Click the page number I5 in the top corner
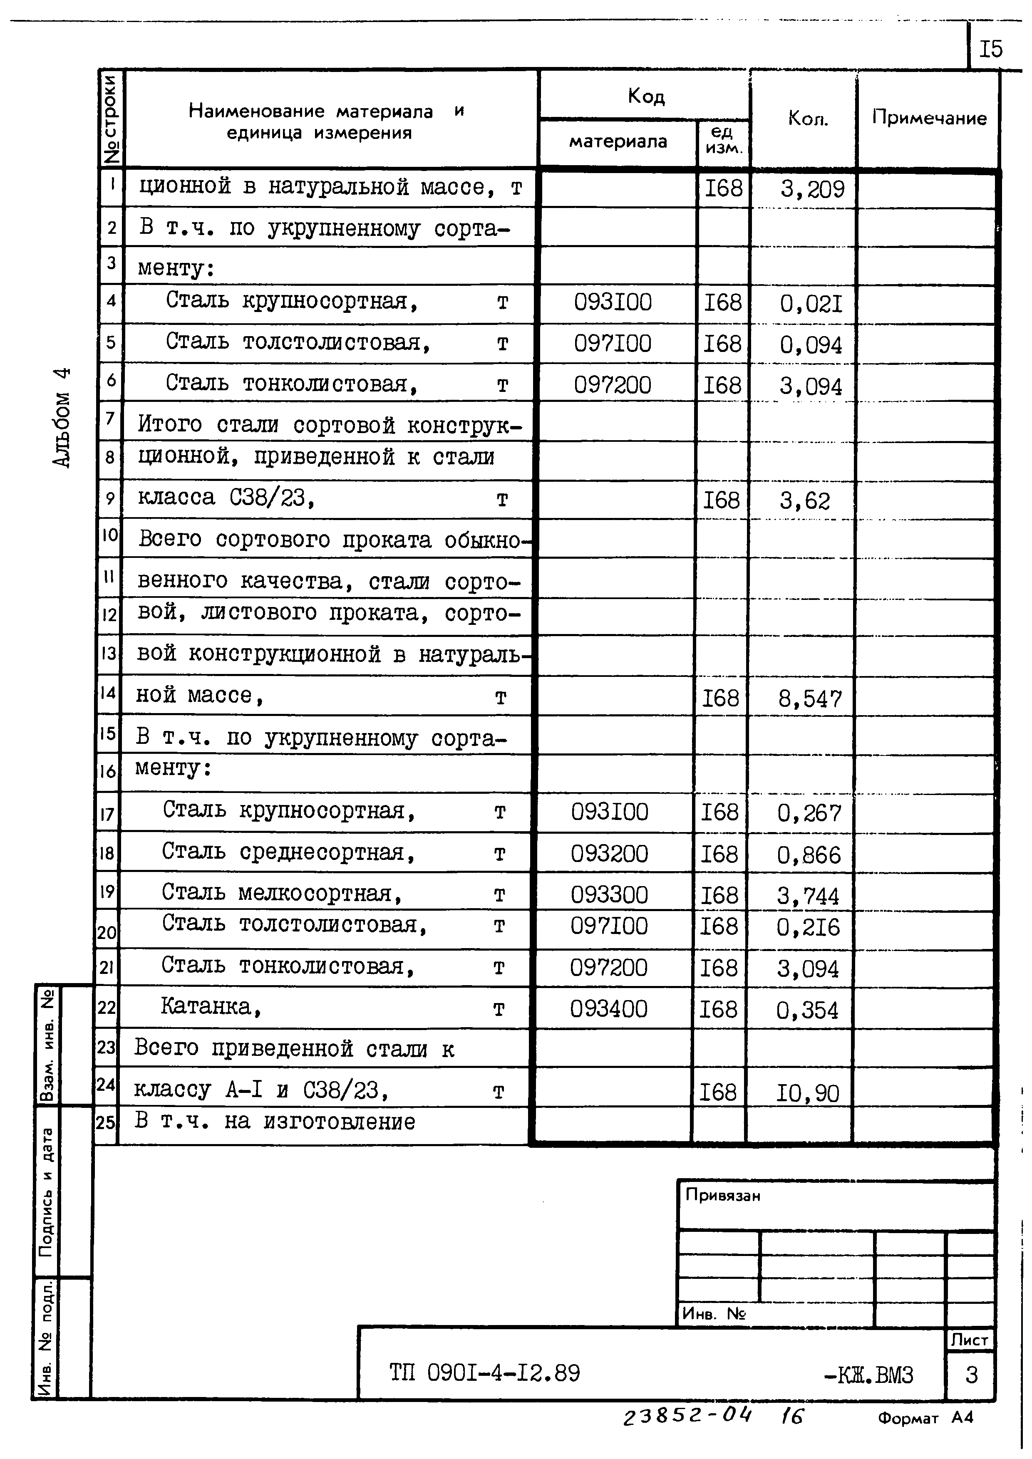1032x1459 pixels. tap(991, 49)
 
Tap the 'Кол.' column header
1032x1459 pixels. tap(808, 118)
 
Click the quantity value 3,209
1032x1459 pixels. tap(813, 189)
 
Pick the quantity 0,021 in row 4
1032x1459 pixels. tap(811, 305)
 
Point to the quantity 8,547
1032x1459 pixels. tap(810, 700)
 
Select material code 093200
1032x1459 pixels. tap(609, 853)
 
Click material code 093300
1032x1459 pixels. tap(609, 895)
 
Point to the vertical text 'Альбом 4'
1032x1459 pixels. tap(62, 418)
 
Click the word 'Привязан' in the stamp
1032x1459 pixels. tap(722, 1195)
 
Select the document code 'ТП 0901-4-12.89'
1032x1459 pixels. tap(485, 1374)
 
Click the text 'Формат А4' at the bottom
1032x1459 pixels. tap(925, 1417)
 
